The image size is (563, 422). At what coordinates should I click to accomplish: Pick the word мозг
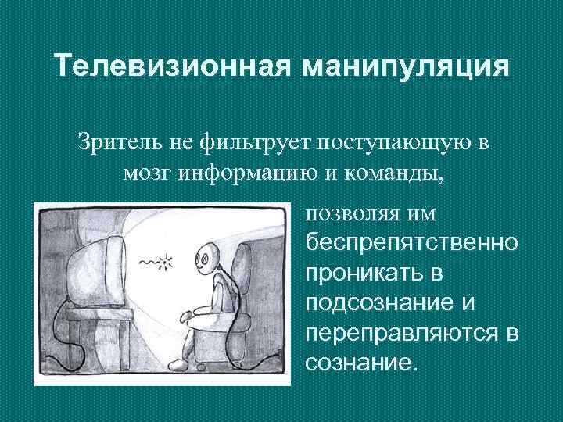(x=148, y=172)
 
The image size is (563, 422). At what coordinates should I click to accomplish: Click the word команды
(x=391, y=172)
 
